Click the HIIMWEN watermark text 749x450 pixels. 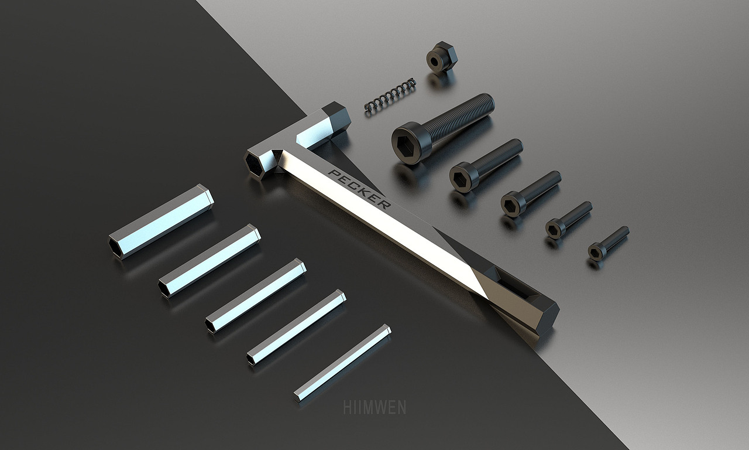click(374, 407)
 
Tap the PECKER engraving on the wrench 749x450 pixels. click(359, 189)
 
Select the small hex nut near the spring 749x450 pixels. click(442, 57)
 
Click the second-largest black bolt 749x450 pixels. click(486, 165)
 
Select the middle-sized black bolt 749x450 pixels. click(531, 193)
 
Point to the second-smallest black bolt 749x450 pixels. click(569, 220)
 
